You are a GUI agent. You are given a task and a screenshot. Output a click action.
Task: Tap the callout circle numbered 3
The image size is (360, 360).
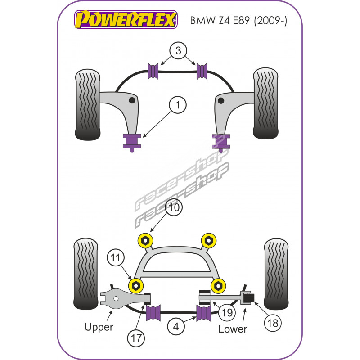(x=179, y=51)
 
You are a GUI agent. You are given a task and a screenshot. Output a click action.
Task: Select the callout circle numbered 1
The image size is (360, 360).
(x=178, y=106)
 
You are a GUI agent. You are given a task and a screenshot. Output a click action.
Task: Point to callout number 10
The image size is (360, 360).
(x=175, y=208)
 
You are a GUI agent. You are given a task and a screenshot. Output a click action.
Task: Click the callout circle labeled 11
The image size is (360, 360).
(x=116, y=258)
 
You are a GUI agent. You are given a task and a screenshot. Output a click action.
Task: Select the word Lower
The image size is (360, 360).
(x=233, y=329)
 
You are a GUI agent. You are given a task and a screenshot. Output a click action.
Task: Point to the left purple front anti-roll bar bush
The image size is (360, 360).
(x=154, y=71)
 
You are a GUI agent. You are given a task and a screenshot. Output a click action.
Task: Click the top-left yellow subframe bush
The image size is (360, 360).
(x=145, y=241)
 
